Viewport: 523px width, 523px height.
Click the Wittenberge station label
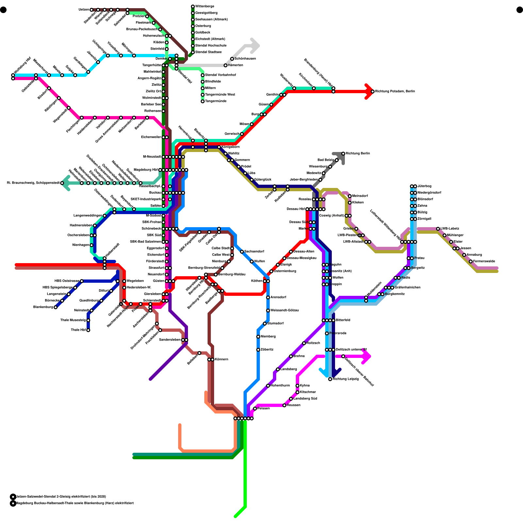pos(205,7)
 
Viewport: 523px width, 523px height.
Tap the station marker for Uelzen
pos(92,10)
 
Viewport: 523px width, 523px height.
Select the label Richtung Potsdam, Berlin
pos(395,92)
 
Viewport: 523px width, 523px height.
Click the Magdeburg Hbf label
pos(146,170)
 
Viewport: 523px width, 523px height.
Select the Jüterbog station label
pos(424,186)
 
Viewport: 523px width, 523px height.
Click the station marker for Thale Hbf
pos(88,330)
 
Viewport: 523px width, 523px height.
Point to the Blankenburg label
pos(43,307)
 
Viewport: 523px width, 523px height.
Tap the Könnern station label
pos(221,360)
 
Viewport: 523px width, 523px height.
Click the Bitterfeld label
pos(343,320)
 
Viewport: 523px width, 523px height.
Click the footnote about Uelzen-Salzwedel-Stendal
pos(61,497)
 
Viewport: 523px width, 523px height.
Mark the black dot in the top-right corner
pos(520,10)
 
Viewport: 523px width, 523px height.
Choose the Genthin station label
pos(272,95)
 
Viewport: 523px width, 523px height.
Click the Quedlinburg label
pos(89,301)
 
